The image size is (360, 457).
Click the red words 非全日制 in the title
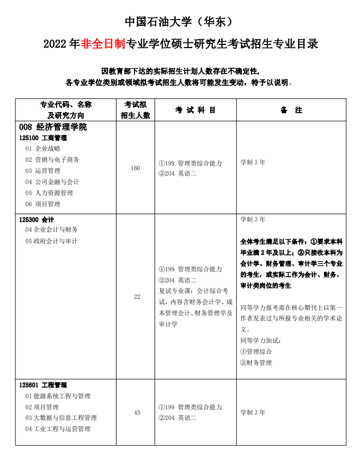(x=103, y=44)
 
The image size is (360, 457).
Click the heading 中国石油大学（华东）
(x=179, y=22)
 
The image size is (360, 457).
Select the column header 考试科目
(x=196, y=110)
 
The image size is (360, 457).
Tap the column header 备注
(x=291, y=110)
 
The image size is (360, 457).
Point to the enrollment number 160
(x=136, y=168)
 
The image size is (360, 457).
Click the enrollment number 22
(x=137, y=297)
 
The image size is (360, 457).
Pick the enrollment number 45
(x=137, y=413)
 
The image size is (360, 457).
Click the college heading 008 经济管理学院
(x=52, y=127)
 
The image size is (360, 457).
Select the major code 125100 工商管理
(x=47, y=138)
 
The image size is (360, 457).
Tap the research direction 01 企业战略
(x=43, y=149)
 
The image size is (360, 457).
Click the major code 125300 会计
(x=37, y=219)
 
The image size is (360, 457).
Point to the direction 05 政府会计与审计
(x=51, y=241)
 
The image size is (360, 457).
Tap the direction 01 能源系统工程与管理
(x=58, y=396)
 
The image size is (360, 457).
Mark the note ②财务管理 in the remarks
(x=256, y=363)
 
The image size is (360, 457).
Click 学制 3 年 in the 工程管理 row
(x=253, y=413)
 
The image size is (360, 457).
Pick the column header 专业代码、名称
(x=66, y=105)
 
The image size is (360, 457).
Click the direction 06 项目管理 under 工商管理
(x=43, y=204)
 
